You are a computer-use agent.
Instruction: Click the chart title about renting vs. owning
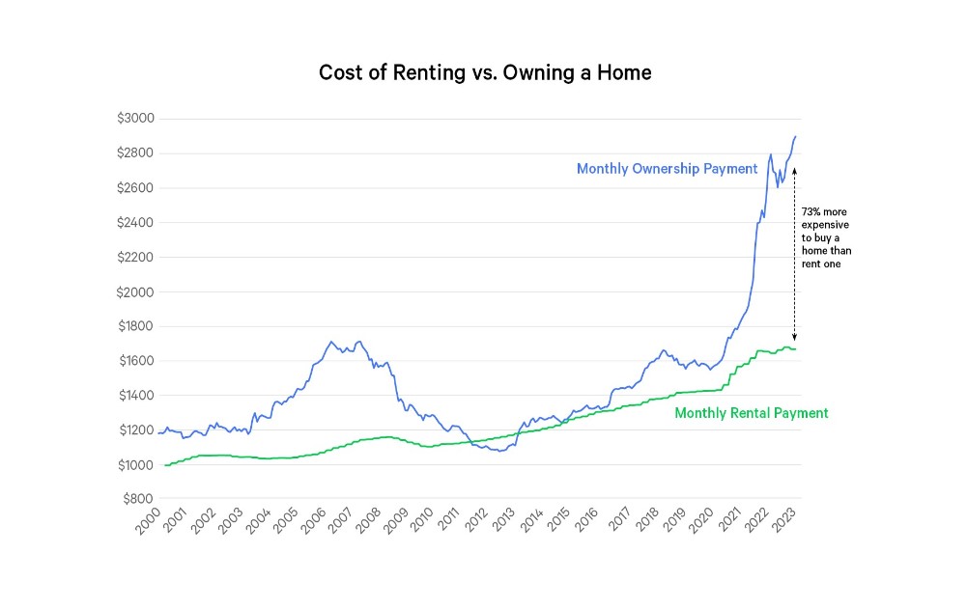[485, 73]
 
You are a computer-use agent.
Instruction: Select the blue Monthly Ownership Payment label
[667, 169]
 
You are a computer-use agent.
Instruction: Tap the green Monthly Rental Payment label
[751, 413]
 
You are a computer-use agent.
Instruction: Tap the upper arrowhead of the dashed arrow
[794, 169]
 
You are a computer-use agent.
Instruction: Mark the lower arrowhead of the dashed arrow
[794, 338]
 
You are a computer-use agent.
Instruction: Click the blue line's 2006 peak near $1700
[331, 342]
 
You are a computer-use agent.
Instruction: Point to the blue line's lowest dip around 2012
[500, 451]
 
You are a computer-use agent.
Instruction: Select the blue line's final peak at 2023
[795, 137]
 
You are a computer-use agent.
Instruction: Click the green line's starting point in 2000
[166, 465]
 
